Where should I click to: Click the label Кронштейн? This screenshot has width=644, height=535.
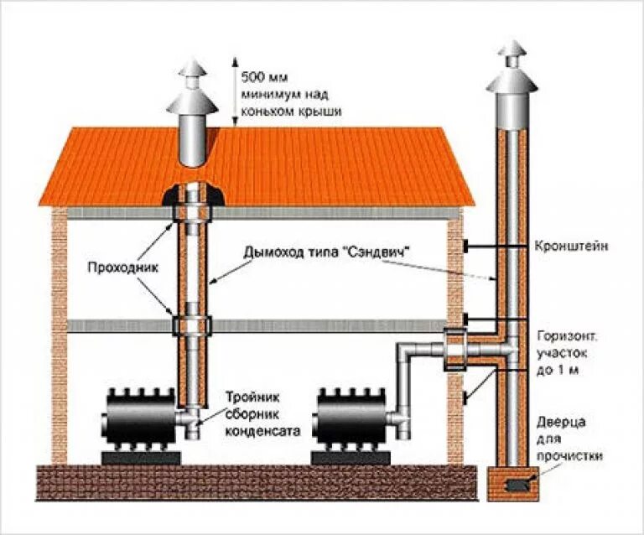point(569,247)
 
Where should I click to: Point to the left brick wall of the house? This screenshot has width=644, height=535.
point(60,335)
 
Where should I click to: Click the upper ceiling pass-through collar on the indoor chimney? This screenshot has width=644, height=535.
point(192,213)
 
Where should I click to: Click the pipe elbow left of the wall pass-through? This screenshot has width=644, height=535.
point(407,352)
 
